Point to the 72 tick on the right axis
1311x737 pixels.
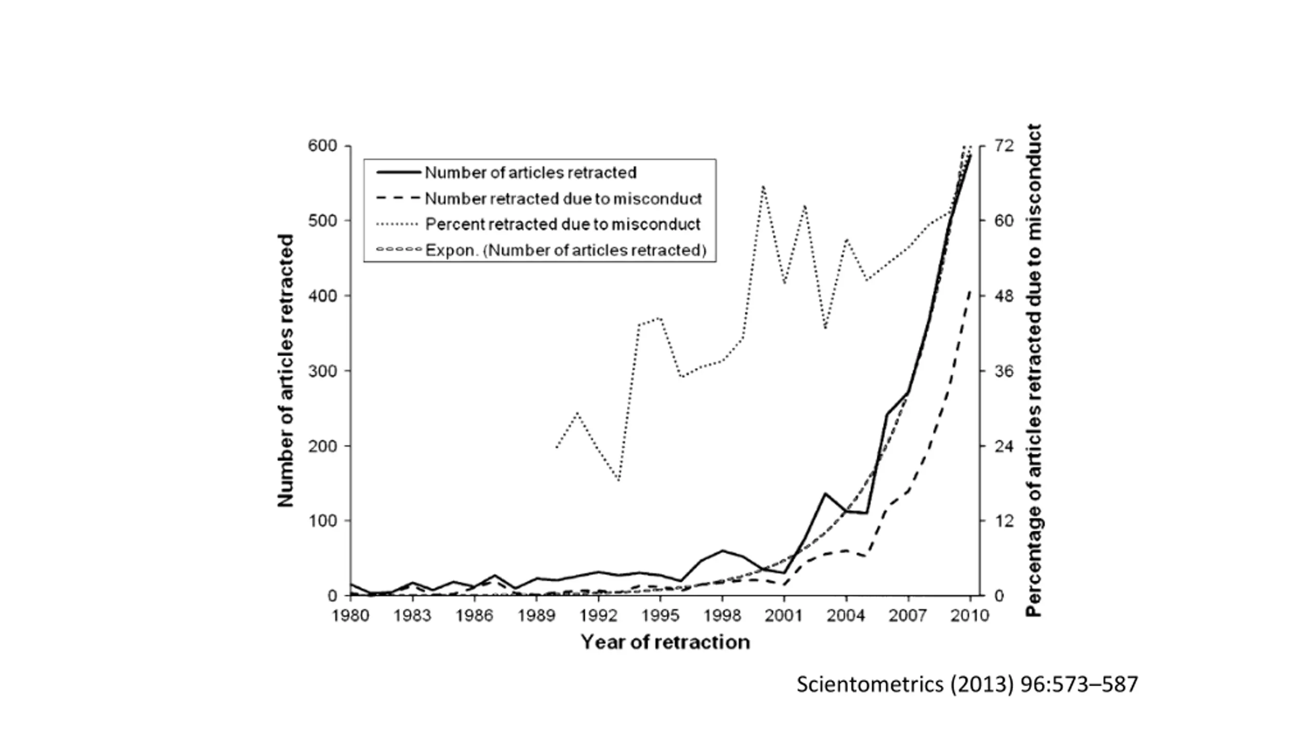(x=1004, y=146)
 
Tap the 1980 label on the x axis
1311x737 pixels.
(x=350, y=615)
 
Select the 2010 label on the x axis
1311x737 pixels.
(x=969, y=615)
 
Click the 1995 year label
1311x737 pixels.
(x=660, y=615)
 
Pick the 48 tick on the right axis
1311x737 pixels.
(x=1004, y=296)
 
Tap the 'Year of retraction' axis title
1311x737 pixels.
(x=665, y=642)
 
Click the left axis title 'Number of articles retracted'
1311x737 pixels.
(x=286, y=371)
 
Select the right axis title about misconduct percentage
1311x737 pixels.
(x=1034, y=371)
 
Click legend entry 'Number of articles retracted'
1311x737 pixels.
(x=531, y=172)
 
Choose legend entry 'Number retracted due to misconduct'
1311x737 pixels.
(x=563, y=199)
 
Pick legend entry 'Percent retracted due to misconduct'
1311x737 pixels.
(x=562, y=224)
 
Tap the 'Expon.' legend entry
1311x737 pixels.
(x=565, y=250)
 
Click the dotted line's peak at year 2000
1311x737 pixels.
(x=763, y=186)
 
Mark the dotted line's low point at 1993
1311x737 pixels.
(x=619, y=481)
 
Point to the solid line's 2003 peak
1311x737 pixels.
(x=825, y=493)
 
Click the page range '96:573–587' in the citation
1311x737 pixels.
(x=1079, y=684)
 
